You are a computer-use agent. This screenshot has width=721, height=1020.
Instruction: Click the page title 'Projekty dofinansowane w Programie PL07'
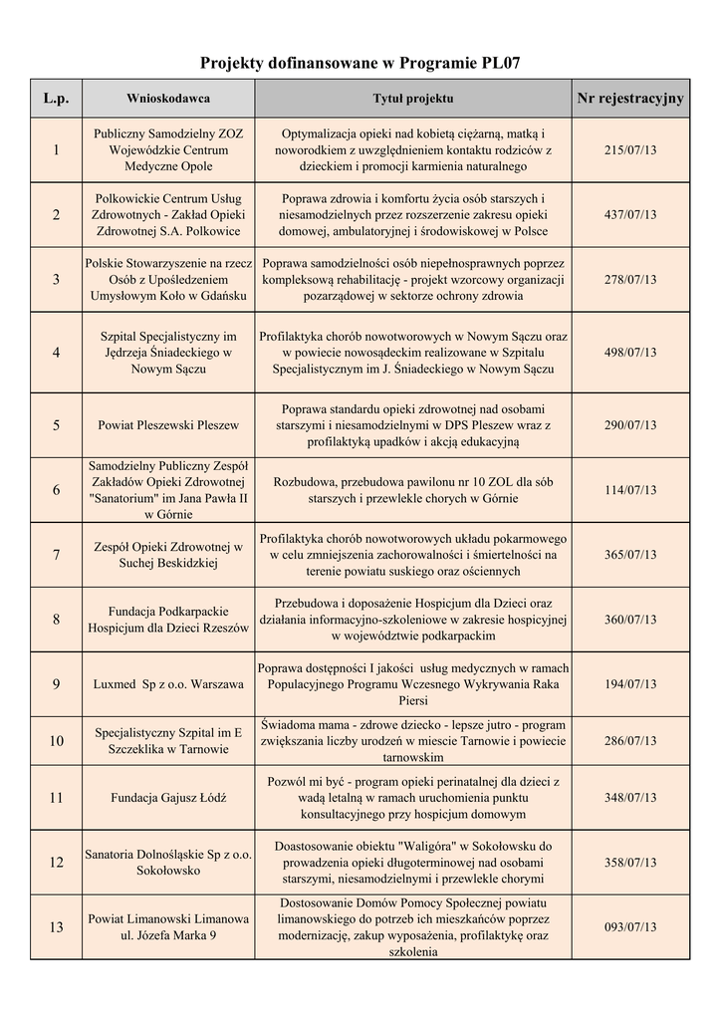point(360,64)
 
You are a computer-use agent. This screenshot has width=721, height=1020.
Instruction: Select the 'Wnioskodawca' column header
point(167,99)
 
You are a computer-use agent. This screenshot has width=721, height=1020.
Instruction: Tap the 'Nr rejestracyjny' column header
point(630,98)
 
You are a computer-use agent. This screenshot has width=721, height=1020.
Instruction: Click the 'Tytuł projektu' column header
point(412,99)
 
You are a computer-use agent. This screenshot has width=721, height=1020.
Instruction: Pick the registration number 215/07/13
point(630,149)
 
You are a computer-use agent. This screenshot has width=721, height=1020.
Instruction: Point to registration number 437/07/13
point(630,215)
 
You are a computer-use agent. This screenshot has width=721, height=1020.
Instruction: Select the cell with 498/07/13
point(630,353)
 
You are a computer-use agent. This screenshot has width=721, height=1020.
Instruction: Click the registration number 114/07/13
point(630,490)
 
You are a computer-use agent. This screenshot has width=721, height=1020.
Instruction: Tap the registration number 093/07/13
point(630,927)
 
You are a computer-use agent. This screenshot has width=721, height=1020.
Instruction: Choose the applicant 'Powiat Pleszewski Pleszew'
point(168,425)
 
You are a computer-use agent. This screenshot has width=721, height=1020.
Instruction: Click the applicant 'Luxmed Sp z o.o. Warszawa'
point(168,685)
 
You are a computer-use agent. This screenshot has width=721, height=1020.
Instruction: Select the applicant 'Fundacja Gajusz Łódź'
point(168,798)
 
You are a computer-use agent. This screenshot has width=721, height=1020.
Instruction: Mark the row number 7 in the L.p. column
point(56,555)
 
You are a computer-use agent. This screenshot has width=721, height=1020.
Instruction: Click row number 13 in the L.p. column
point(56,927)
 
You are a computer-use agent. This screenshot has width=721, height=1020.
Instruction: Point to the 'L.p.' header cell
point(56,99)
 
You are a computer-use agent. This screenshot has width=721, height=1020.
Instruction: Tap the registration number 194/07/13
point(630,685)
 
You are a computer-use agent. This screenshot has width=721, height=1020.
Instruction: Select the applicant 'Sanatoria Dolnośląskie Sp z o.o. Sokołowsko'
point(168,862)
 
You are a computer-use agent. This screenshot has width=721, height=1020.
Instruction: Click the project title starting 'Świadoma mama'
point(412,741)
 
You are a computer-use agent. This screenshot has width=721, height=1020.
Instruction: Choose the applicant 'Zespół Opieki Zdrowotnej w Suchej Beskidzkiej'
point(168,555)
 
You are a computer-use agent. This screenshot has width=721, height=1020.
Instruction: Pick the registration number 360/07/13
point(630,620)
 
